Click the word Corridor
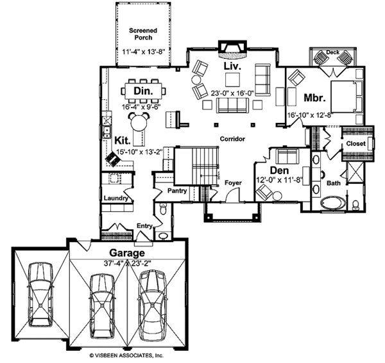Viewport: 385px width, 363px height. [232, 138]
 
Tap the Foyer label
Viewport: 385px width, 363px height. [232, 183]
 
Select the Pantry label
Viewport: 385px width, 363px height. [176, 191]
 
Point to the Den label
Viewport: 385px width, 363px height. [278, 171]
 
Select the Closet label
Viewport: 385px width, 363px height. [355, 144]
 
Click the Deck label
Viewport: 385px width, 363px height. [332, 52]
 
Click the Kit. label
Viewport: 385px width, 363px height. [123, 139]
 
